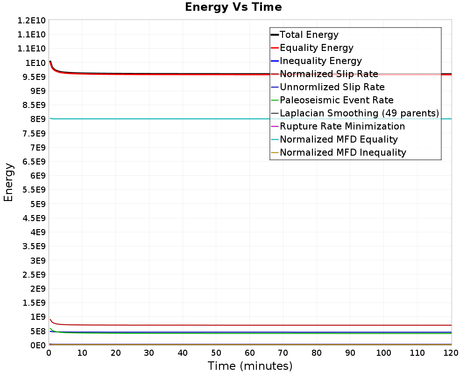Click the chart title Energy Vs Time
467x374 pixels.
point(233,7)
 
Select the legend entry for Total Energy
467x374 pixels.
point(309,35)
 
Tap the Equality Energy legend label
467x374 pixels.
point(316,48)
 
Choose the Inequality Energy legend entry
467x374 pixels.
point(320,61)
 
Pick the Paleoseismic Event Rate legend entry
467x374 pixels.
point(336,100)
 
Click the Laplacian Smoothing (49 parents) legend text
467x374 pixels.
point(359,113)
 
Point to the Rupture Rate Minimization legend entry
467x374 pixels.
point(342,126)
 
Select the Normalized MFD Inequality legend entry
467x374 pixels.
point(343,152)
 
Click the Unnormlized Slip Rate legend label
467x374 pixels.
point(332,87)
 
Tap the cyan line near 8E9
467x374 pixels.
point(187,119)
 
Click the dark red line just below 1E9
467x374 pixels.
point(187,325)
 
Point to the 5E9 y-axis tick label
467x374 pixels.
point(36,204)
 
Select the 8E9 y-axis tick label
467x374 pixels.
point(36,119)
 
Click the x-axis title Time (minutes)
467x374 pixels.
point(250,366)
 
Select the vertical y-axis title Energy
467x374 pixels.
point(8,182)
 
